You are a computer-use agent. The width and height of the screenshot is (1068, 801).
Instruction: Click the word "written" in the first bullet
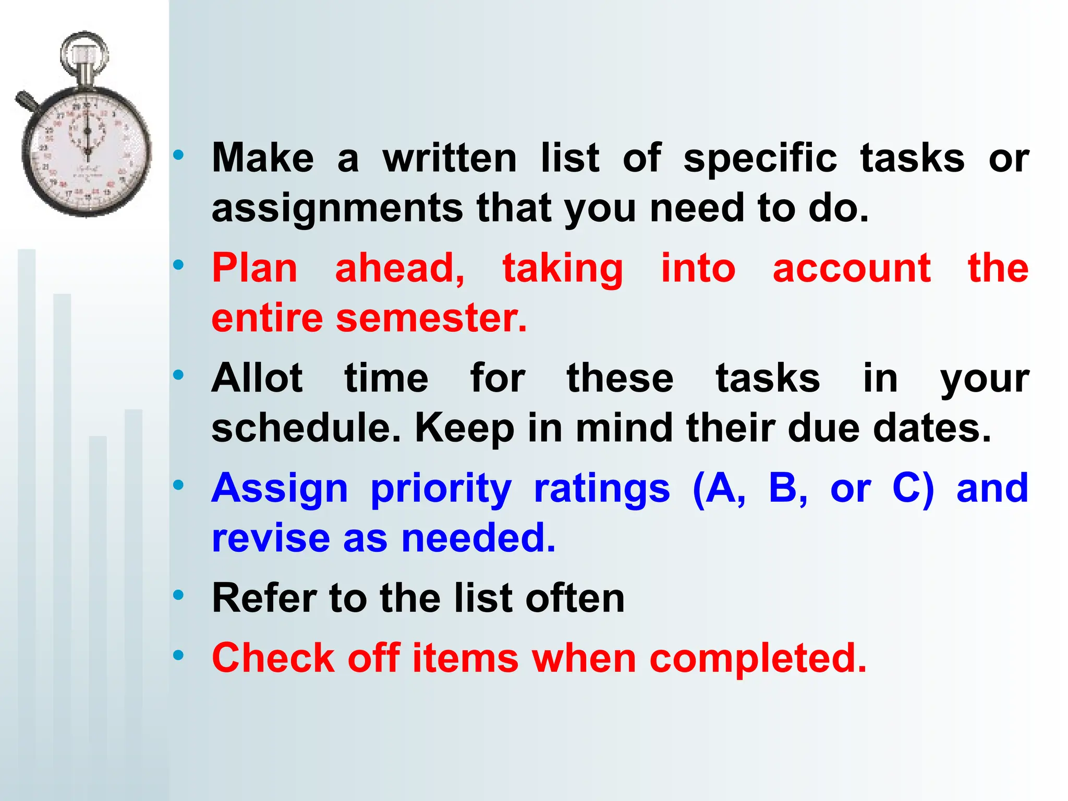pyautogui.click(x=450, y=158)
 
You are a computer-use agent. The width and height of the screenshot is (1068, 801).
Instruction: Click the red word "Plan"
pyautogui.click(x=254, y=269)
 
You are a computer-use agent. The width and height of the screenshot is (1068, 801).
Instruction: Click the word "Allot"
pyautogui.click(x=257, y=378)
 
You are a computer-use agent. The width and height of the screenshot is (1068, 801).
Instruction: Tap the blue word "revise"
pyautogui.click(x=271, y=538)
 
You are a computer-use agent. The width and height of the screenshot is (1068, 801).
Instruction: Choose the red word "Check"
pyautogui.click(x=273, y=658)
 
